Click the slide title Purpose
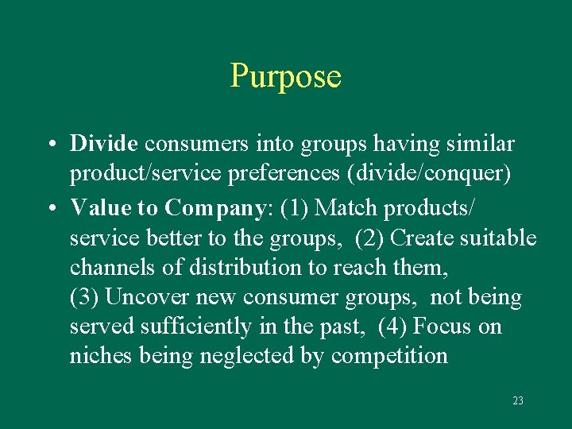point(285,76)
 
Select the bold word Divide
point(104,144)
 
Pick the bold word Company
point(214,208)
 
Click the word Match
point(349,208)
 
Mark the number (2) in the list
point(370,238)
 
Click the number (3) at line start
point(84,298)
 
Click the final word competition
point(389,356)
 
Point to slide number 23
point(518,401)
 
